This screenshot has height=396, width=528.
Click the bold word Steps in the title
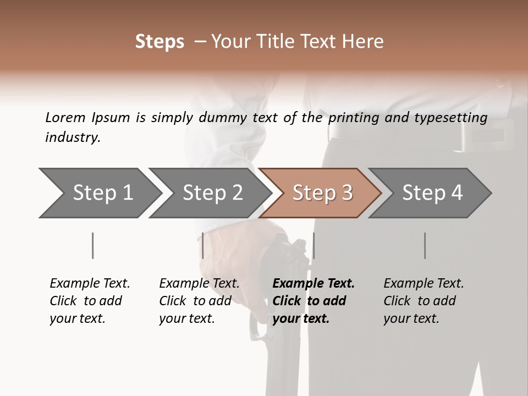(x=159, y=42)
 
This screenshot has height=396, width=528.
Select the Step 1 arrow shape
(x=99, y=193)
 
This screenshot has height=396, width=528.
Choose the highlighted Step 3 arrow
(x=322, y=193)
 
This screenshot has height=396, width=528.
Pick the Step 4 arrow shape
(x=432, y=193)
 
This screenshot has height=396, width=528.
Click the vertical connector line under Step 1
(x=92, y=245)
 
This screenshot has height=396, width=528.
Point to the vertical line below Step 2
(x=203, y=245)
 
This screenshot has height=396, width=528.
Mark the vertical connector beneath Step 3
(x=313, y=245)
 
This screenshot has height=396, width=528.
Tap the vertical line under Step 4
(x=425, y=245)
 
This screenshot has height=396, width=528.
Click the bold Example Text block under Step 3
(x=313, y=301)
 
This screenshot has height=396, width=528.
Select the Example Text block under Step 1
(x=90, y=301)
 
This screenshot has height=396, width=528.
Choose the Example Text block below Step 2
(x=199, y=301)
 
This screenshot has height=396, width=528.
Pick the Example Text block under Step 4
(x=424, y=301)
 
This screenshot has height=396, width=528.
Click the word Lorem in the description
(x=65, y=117)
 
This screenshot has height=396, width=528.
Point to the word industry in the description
(x=73, y=137)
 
